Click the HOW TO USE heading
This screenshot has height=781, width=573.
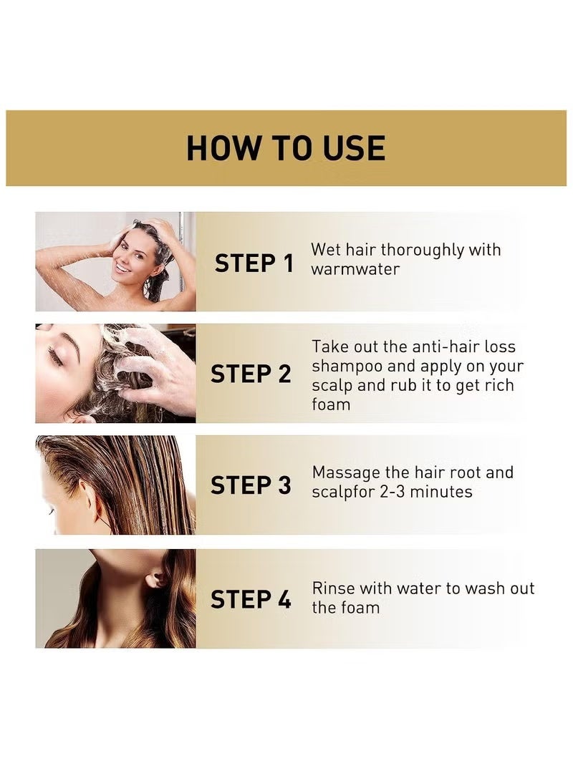(286, 148)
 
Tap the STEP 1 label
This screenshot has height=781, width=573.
(254, 263)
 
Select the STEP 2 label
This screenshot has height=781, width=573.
(251, 374)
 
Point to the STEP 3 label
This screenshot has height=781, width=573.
(251, 485)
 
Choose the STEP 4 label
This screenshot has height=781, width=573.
(251, 599)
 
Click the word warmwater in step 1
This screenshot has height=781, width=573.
(355, 270)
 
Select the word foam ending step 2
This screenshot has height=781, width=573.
(330, 404)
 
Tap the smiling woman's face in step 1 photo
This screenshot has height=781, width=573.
(122, 258)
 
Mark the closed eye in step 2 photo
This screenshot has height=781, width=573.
(56, 356)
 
